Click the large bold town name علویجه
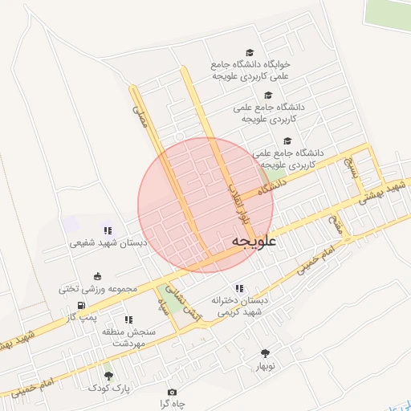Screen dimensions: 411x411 (254, 241)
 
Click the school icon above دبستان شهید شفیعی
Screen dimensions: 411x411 (108, 230)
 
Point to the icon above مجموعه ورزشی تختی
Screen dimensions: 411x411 (97, 275)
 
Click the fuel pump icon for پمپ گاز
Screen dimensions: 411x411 (81, 305)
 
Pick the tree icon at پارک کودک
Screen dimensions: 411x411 (108, 376)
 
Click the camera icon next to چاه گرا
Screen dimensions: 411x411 (172, 392)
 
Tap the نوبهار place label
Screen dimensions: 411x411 (266, 366)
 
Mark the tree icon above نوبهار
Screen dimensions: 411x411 (265, 353)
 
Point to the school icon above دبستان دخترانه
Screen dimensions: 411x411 (238, 287)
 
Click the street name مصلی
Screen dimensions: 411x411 (142, 122)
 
